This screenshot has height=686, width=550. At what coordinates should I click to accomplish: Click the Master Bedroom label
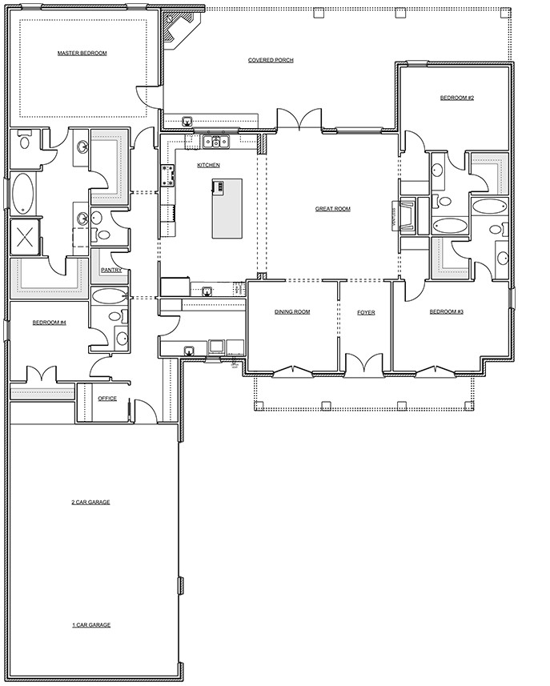[x=82, y=54]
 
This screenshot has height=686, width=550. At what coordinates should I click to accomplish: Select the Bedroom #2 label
[x=457, y=98]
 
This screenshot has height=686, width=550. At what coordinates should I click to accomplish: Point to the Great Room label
[x=332, y=209]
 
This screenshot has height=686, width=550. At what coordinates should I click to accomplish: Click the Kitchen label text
[x=208, y=165]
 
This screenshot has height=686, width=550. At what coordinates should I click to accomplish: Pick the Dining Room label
[x=292, y=311]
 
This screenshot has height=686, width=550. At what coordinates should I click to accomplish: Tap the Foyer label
[x=366, y=311]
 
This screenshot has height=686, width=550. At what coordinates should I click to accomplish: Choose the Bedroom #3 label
[x=447, y=311]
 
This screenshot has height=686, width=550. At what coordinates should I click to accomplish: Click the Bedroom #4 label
[x=49, y=323]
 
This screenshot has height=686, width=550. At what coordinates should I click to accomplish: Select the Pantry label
[x=110, y=271]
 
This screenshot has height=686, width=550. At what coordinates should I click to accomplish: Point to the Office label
[x=107, y=398]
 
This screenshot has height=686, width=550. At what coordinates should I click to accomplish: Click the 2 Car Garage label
[x=90, y=502]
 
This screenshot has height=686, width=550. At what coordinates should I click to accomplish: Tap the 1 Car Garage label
[x=90, y=624]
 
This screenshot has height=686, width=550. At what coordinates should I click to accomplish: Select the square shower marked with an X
[x=25, y=237]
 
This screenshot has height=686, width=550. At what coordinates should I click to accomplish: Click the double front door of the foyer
[x=365, y=365]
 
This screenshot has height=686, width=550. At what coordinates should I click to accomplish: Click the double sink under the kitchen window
[x=215, y=142]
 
